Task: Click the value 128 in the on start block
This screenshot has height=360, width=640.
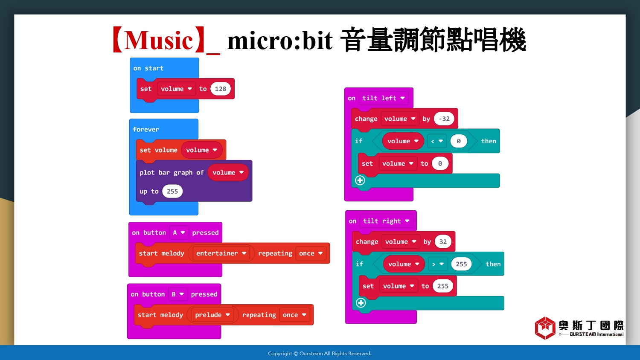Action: point(220,89)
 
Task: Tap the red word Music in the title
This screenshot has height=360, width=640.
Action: point(159,41)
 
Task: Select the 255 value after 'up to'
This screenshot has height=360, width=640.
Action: point(172,191)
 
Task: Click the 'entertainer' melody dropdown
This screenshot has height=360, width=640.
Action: point(221,253)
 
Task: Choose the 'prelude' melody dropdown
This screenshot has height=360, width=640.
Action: point(212,315)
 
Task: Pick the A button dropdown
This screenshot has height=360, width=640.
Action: point(179,232)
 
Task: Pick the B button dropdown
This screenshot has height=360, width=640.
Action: point(177,294)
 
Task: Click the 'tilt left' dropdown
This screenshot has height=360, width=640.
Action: point(384,98)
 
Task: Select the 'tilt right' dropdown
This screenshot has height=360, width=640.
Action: point(386,221)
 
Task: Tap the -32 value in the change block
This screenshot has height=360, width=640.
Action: point(444,119)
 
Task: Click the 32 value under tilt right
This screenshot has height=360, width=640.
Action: point(443,242)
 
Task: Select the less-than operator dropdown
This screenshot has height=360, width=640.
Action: point(437,141)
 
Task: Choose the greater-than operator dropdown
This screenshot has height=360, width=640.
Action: point(438,264)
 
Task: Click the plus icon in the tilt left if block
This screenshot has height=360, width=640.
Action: point(360,180)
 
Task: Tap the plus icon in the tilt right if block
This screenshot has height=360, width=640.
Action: point(361,303)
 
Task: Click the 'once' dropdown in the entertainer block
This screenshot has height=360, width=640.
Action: point(311,253)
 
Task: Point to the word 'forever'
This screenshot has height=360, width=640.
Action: point(146,129)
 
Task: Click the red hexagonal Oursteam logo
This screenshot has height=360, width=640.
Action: point(545,328)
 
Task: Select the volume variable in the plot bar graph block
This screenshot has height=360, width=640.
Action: point(228,172)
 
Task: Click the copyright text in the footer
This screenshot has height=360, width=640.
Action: point(320,354)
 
